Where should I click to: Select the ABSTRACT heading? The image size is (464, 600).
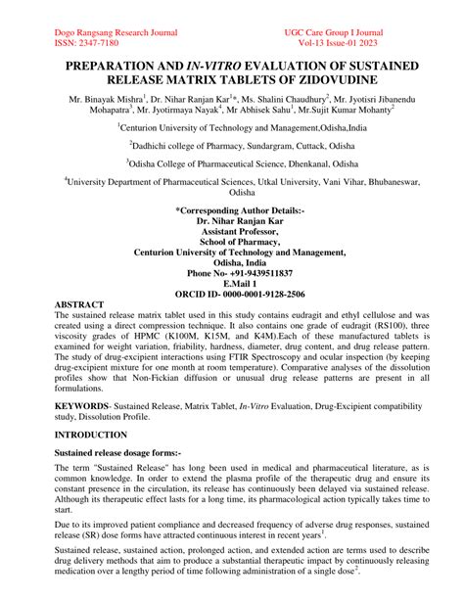[79, 305]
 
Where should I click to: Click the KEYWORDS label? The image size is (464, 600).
[81, 403]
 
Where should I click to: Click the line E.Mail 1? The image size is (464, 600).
[231, 283]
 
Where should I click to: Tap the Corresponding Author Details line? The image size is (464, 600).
[231, 208]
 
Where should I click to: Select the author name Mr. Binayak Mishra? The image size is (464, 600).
[106, 100]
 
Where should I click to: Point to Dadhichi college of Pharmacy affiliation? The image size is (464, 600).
[231, 144]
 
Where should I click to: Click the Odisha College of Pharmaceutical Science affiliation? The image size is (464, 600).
[231, 162]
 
